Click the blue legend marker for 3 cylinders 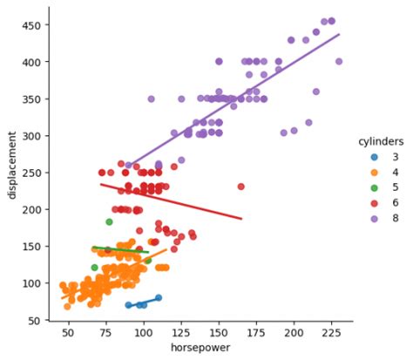[375, 158]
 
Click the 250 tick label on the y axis [33, 173]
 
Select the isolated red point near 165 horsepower [241, 187]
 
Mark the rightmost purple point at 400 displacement [339, 62]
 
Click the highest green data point [109, 222]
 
